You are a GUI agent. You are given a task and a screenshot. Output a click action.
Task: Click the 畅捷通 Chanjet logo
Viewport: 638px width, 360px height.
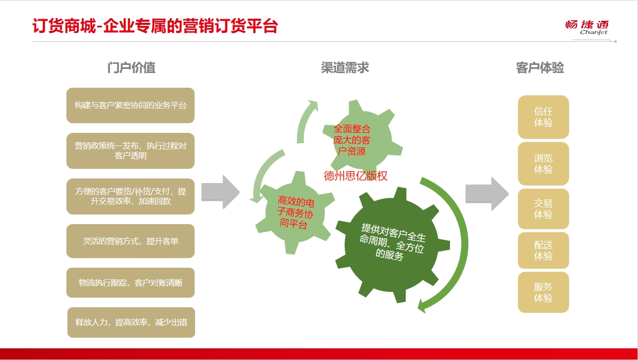(587, 27)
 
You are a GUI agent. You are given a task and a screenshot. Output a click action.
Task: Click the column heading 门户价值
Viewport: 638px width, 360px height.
(131, 67)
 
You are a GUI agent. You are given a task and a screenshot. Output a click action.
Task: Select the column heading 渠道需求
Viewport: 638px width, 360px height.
(345, 67)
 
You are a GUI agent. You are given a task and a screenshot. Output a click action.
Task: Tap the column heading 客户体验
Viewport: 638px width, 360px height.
(540, 67)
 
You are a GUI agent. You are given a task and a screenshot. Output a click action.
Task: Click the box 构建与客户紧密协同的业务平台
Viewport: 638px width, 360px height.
(130, 105)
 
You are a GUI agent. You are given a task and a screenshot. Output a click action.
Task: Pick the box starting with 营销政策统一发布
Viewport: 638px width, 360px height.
(130, 151)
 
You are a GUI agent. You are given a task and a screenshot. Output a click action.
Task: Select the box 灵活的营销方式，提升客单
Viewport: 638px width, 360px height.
(130, 241)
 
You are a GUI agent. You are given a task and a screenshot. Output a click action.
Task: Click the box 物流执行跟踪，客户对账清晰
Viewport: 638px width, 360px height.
(130, 283)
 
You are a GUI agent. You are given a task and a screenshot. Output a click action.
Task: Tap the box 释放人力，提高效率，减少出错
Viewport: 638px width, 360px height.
(131, 322)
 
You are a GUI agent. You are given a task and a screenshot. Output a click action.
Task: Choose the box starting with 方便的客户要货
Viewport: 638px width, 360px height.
(130, 196)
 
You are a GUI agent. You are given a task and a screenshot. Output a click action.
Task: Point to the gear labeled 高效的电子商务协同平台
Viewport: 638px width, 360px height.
(295, 212)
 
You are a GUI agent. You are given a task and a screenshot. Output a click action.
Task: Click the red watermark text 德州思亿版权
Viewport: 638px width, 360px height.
(355, 176)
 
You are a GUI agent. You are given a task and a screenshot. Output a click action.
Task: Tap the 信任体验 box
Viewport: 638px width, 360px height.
(543, 117)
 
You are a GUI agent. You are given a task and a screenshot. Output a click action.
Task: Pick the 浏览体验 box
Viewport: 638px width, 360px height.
(543, 164)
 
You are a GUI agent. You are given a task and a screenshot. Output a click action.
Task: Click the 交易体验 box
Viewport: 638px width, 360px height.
(543, 209)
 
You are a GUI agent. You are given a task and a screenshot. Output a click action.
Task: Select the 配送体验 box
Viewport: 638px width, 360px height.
(543, 250)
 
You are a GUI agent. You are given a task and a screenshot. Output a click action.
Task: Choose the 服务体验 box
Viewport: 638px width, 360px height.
(543, 293)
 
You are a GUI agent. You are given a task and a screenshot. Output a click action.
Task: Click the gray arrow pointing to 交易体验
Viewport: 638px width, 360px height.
(487, 194)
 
